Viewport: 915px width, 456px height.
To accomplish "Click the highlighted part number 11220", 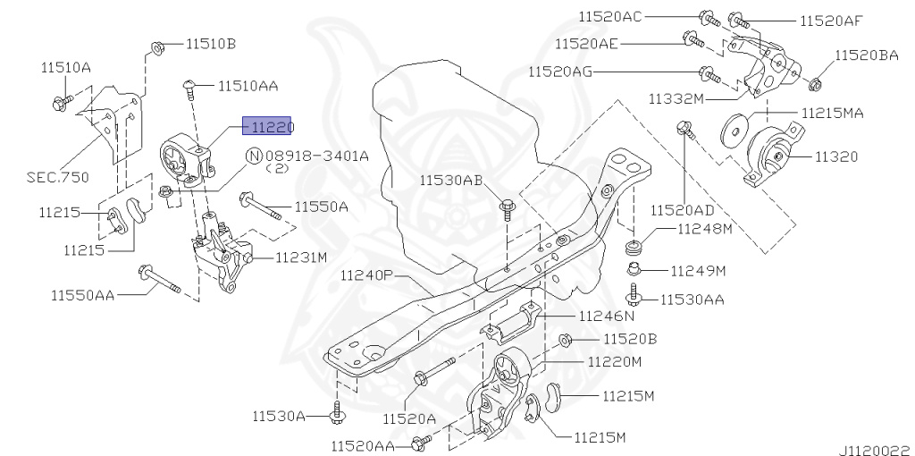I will [x=267, y=129].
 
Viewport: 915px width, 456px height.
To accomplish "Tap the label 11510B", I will [x=211, y=43].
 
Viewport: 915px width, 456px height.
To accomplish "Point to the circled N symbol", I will [x=254, y=156].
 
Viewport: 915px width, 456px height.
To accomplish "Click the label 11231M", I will [x=301, y=258].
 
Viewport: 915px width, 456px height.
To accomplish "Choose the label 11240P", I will [x=366, y=275].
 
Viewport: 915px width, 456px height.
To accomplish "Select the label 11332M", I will [x=676, y=97].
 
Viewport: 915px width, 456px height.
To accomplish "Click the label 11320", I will [x=835, y=156].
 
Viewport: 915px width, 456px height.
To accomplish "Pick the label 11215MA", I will [x=832, y=114].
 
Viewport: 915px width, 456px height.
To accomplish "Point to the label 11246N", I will [x=607, y=316].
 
